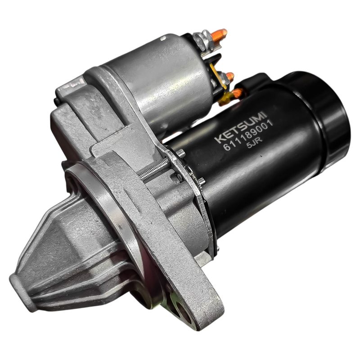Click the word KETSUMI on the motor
pyautogui.click(x=240, y=127)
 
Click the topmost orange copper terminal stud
pyautogui.click(x=219, y=35)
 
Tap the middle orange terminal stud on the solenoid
pyautogui.click(x=229, y=76)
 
